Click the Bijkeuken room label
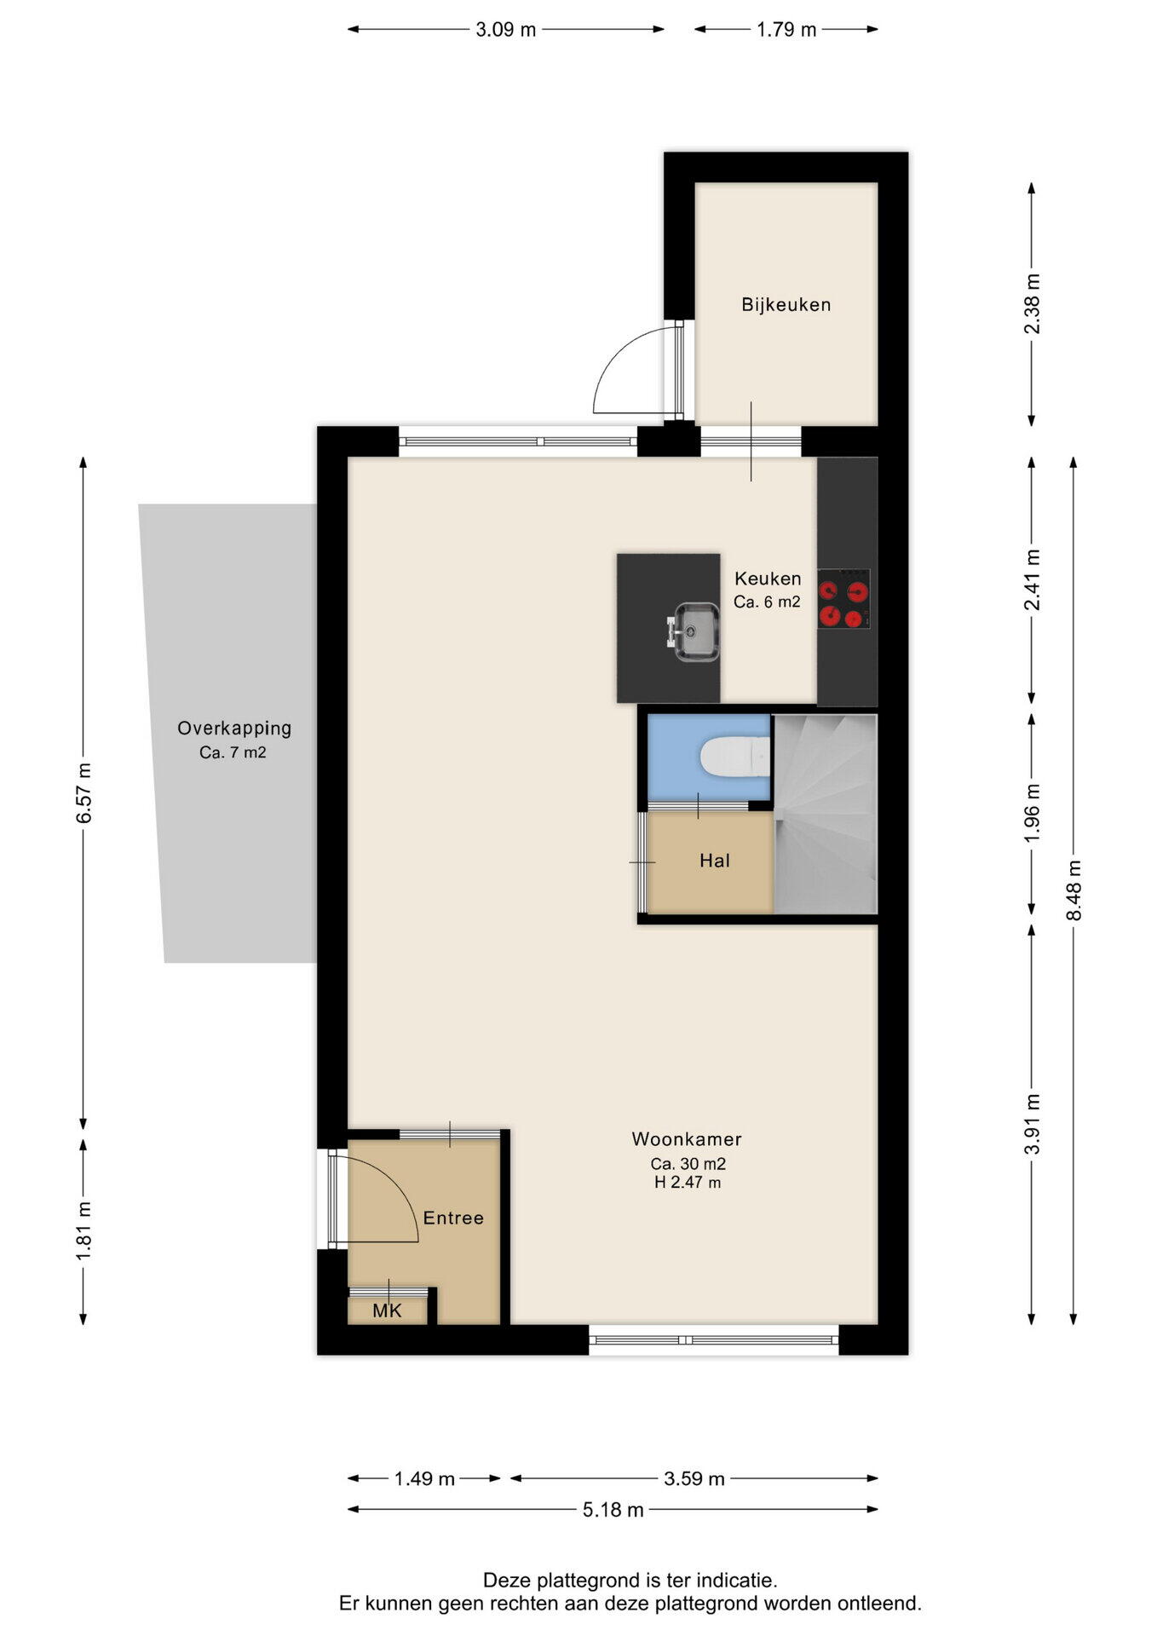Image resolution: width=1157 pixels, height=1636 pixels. [786, 304]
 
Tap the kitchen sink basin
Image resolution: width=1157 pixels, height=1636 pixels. [698, 631]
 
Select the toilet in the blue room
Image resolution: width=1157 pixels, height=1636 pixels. [735, 757]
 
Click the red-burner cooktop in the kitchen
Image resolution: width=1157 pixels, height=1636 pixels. [843, 599]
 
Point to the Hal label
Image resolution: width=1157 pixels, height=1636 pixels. [715, 861]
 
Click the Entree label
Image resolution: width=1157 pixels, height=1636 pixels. [453, 1218]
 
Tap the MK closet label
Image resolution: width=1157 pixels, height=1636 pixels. [387, 1311]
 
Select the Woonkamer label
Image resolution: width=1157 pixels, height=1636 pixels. [687, 1138]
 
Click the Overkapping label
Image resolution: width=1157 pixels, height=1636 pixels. [234, 729]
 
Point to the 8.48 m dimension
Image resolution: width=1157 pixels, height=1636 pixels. [1074, 890]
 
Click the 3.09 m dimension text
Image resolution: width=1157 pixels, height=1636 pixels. [506, 30]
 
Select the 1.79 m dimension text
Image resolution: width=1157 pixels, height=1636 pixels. [786, 30]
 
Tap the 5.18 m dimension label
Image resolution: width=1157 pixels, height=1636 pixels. [613, 1510]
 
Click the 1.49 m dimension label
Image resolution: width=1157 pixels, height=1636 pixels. [424, 1478]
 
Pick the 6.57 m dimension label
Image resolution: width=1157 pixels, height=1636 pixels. [83, 793]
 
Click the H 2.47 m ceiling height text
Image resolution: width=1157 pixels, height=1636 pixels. [688, 1182]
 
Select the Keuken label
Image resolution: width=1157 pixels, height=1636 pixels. [768, 579]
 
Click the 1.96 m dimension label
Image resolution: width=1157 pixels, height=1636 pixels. [1032, 813]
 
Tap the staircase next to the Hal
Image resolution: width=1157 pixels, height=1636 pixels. [826, 814]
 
